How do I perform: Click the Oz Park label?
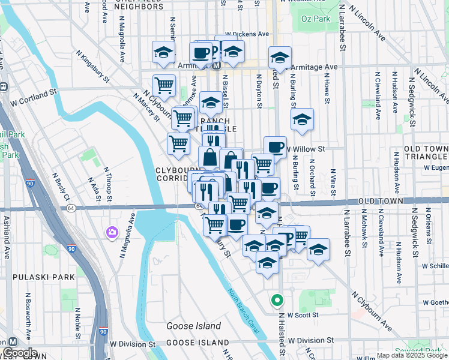pyautogui.click(x=317, y=19)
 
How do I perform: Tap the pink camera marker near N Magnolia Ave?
pyautogui.click(x=112, y=232)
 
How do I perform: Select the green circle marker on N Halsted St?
pyautogui.click(x=277, y=299)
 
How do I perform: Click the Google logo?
pyautogui.click(x=20, y=353)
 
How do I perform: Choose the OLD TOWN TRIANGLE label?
pyautogui.click(x=426, y=152)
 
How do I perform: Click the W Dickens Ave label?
pyautogui.click(x=247, y=34)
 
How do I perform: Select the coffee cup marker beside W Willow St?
pyautogui.click(x=275, y=147)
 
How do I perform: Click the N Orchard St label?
pyautogui.click(x=313, y=176)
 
